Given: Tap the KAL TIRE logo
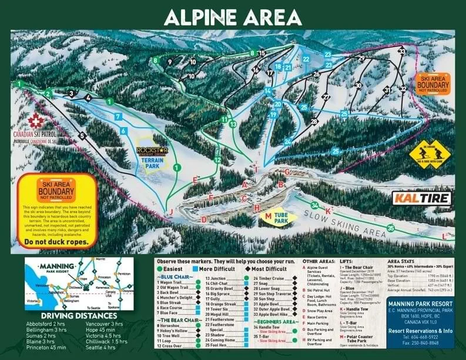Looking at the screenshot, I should click(x=421, y=198).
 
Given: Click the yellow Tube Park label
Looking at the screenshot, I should click(x=277, y=217).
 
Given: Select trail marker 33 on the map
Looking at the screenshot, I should click(x=401, y=52).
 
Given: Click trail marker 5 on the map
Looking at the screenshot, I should click(x=82, y=136).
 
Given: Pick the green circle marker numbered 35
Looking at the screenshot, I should click(x=391, y=228).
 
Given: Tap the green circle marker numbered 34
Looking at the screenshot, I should click(x=316, y=205).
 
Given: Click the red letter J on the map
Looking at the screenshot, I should click(x=171, y=211).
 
